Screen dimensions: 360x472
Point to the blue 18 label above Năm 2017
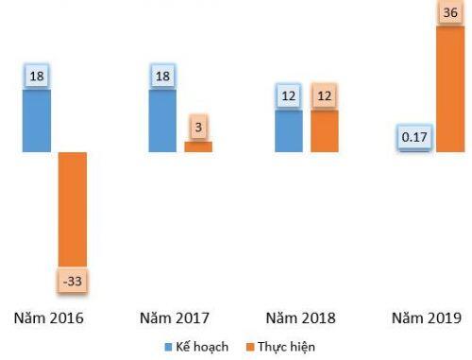[162, 77]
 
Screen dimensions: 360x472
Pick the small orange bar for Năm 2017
[198, 146]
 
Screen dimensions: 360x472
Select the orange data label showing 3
[198, 126]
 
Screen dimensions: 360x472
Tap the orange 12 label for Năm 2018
[325, 95]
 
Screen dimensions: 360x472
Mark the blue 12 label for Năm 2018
[289, 95]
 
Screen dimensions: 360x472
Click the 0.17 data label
[413, 138]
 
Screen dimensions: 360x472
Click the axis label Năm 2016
[50, 317]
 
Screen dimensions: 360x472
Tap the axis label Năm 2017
[175, 317]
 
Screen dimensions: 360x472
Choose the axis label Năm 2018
[301, 317]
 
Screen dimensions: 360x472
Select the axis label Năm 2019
[426, 317]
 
